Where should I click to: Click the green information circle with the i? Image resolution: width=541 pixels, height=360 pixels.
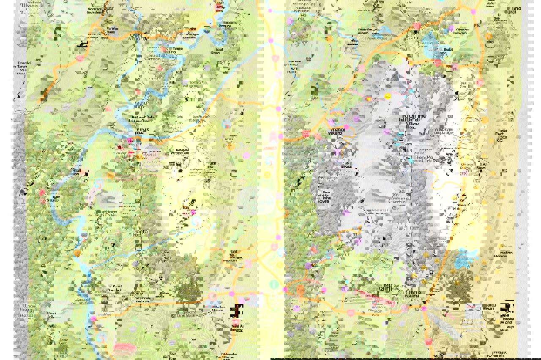click(x=273, y=284)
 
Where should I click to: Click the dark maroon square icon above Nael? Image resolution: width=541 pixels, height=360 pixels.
click(x=235, y=311)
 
